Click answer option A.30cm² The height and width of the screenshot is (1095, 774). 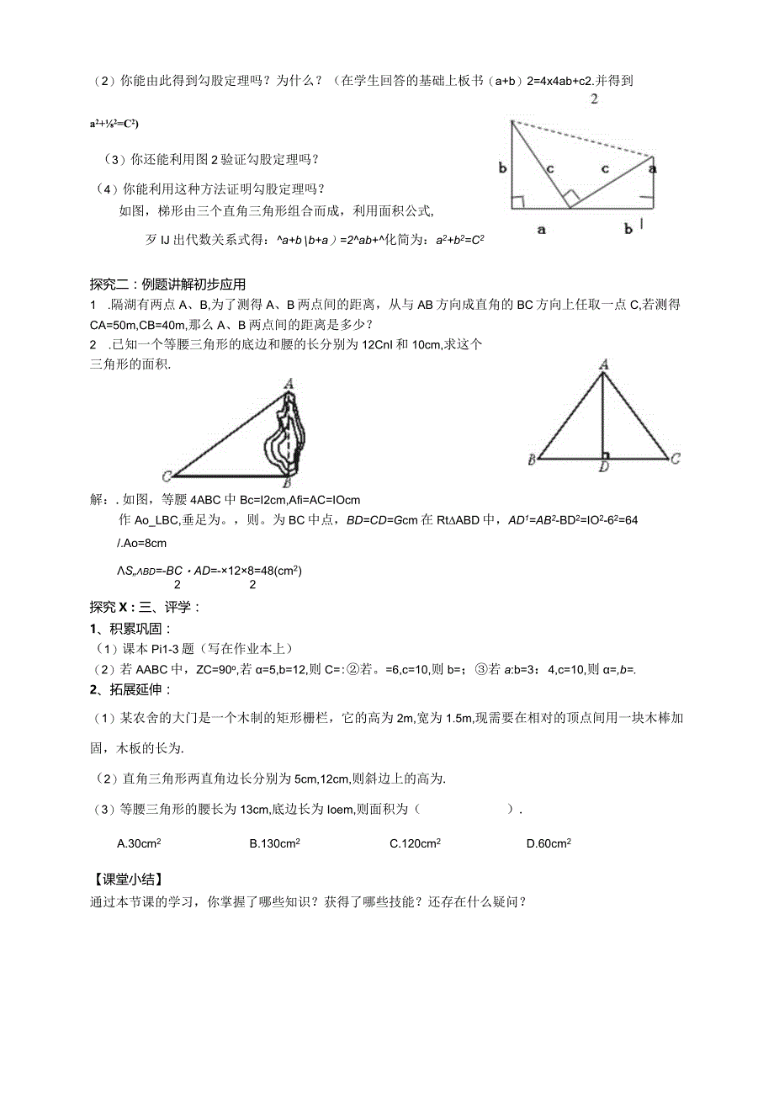click(x=140, y=843)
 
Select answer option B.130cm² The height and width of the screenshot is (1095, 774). click(x=275, y=843)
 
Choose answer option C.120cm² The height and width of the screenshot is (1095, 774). click(x=416, y=843)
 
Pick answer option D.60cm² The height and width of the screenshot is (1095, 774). click(x=549, y=843)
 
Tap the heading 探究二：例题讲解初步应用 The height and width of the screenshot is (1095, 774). click(x=167, y=284)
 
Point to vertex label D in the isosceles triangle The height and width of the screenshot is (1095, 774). click(x=602, y=468)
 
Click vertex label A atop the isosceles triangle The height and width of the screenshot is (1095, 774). click(x=602, y=364)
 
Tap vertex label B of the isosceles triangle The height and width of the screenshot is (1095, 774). click(x=532, y=460)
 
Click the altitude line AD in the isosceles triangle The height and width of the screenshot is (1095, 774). click(x=602, y=417)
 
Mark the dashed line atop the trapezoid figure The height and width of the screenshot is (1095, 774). click(x=580, y=138)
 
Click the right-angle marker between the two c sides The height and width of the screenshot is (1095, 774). click(x=570, y=200)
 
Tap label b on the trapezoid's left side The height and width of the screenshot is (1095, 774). click(x=502, y=167)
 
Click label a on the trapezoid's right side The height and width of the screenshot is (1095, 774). click(x=654, y=167)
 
